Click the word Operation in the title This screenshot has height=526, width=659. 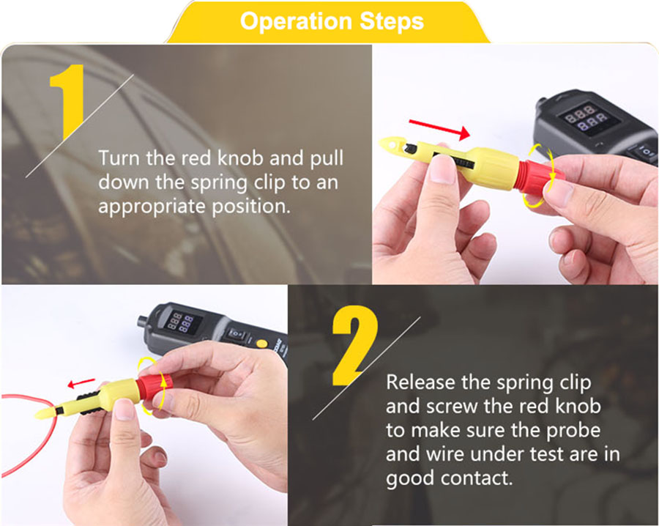(x=296, y=21)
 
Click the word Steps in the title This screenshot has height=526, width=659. (x=392, y=21)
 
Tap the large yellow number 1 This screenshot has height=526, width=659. (x=67, y=101)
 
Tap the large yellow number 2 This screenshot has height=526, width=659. (x=355, y=346)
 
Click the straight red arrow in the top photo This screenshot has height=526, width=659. (x=439, y=129)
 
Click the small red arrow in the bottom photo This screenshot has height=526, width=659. (x=81, y=383)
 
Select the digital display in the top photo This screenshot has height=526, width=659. (x=587, y=118)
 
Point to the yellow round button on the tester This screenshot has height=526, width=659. (x=262, y=343)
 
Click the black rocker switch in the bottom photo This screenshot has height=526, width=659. (x=237, y=334)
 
